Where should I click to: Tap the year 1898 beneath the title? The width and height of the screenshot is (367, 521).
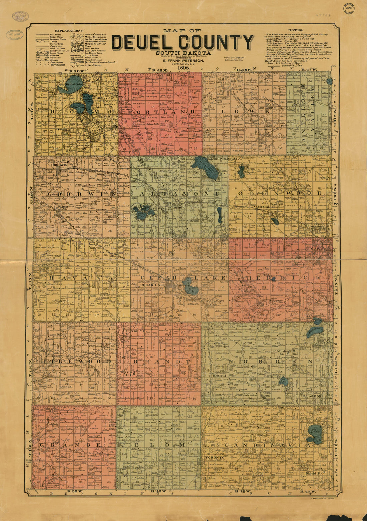coord(183,68)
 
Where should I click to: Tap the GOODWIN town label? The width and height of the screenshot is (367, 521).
coord(59,165)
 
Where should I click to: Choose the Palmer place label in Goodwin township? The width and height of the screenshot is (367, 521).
coord(62,207)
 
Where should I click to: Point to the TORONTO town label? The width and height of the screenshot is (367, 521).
coord(214,457)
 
